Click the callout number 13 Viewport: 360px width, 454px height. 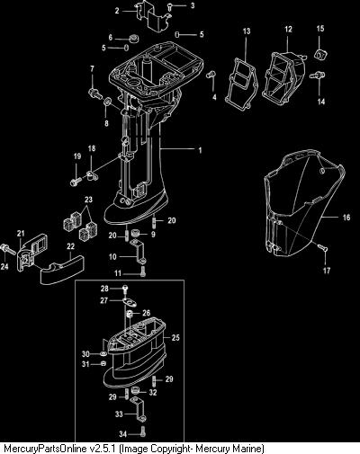(x=247, y=31)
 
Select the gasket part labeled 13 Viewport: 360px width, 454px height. (x=242, y=85)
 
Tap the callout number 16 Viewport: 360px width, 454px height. (x=346, y=217)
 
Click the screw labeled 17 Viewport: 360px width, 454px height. (x=322, y=247)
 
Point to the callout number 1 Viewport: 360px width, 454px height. (x=200, y=150)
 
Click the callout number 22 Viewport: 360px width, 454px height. (x=70, y=246)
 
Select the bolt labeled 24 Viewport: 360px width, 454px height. (x=8, y=249)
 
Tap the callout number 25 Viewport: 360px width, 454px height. (x=175, y=337)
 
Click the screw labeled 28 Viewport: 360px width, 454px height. (x=125, y=289)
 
